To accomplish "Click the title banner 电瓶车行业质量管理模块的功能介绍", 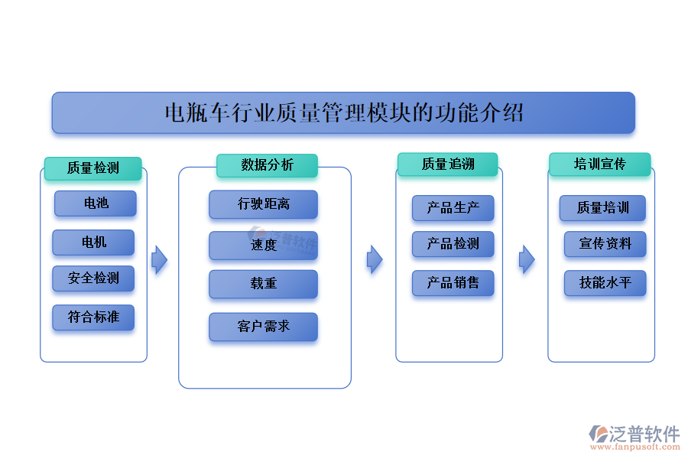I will (x=343, y=113).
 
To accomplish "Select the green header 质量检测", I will (x=92, y=168).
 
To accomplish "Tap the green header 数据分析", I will (x=266, y=165).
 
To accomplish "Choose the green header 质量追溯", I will (x=447, y=164).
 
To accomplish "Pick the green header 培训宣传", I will (x=599, y=164).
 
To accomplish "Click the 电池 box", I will (x=96, y=203).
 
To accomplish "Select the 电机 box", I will (x=93, y=243).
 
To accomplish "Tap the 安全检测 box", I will (x=93, y=278).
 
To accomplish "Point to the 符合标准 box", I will (x=93, y=317).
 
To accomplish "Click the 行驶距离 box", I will (x=263, y=204).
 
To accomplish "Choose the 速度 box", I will (x=263, y=246).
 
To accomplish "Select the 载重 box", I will (x=263, y=284).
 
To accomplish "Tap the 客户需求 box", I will (x=263, y=327).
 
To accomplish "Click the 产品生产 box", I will (x=453, y=208).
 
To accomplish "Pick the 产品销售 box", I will (x=453, y=283).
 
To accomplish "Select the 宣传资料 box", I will (x=605, y=244).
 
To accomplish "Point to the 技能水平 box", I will (x=605, y=283).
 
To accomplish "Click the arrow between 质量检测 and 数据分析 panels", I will (x=159, y=260).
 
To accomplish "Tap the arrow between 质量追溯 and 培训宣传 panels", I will (x=527, y=260).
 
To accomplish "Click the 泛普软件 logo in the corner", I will (x=634, y=437).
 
